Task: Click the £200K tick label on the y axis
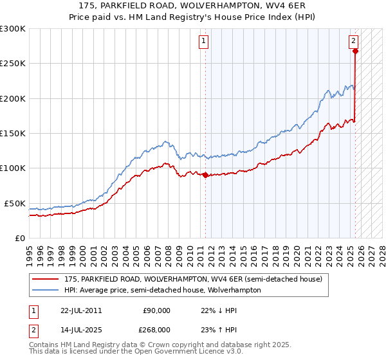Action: click(x=13, y=98)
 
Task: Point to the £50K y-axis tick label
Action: click(x=15, y=203)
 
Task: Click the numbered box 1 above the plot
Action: click(x=203, y=41)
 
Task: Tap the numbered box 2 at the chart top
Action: click(x=354, y=41)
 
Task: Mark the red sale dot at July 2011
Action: click(x=205, y=175)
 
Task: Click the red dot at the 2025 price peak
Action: click(x=354, y=51)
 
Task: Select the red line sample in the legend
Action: click(x=46, y=280)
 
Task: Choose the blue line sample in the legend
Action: click(x=46, y=290)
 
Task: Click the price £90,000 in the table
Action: click(x=156, y=310)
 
